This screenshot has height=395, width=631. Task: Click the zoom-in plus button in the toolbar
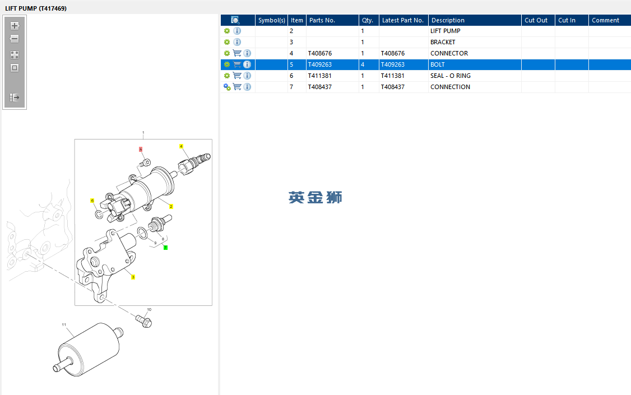click(x=15, y=26)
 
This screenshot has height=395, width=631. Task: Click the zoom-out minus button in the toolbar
click(x=15, y=39)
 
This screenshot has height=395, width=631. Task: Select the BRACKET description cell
click(x=443, y=42)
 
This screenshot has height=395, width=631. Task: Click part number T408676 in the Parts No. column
click(x=320, y=53)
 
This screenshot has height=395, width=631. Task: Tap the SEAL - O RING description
click(x=451, y=76)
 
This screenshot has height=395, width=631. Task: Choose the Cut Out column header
click(x=536, y=20)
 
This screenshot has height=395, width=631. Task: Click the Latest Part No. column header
click(x=403, y=20)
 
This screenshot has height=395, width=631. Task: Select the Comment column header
click(x=605, y=20)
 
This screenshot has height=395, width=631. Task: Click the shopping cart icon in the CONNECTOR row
click(x=237, y=53)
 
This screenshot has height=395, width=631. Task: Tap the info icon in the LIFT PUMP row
click(x=238, y=31)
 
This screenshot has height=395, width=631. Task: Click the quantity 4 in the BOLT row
click(x=363, y=65)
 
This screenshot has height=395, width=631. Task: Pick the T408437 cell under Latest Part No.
click(x=393, y=87)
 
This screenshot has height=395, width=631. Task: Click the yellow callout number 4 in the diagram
click(x=181, y=146)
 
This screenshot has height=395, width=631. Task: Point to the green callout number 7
click(x=165, y=248)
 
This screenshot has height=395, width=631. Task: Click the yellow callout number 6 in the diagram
click(x=92, y=201)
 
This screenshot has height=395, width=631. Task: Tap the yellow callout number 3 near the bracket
click(x=133, y=277)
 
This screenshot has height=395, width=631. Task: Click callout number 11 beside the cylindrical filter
click(x=64, y=324)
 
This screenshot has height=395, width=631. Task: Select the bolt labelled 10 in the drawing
click(x=144, y=321)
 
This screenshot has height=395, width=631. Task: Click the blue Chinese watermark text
click(x=315, y=197)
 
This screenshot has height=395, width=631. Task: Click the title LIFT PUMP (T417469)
click(x=36, y=8)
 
